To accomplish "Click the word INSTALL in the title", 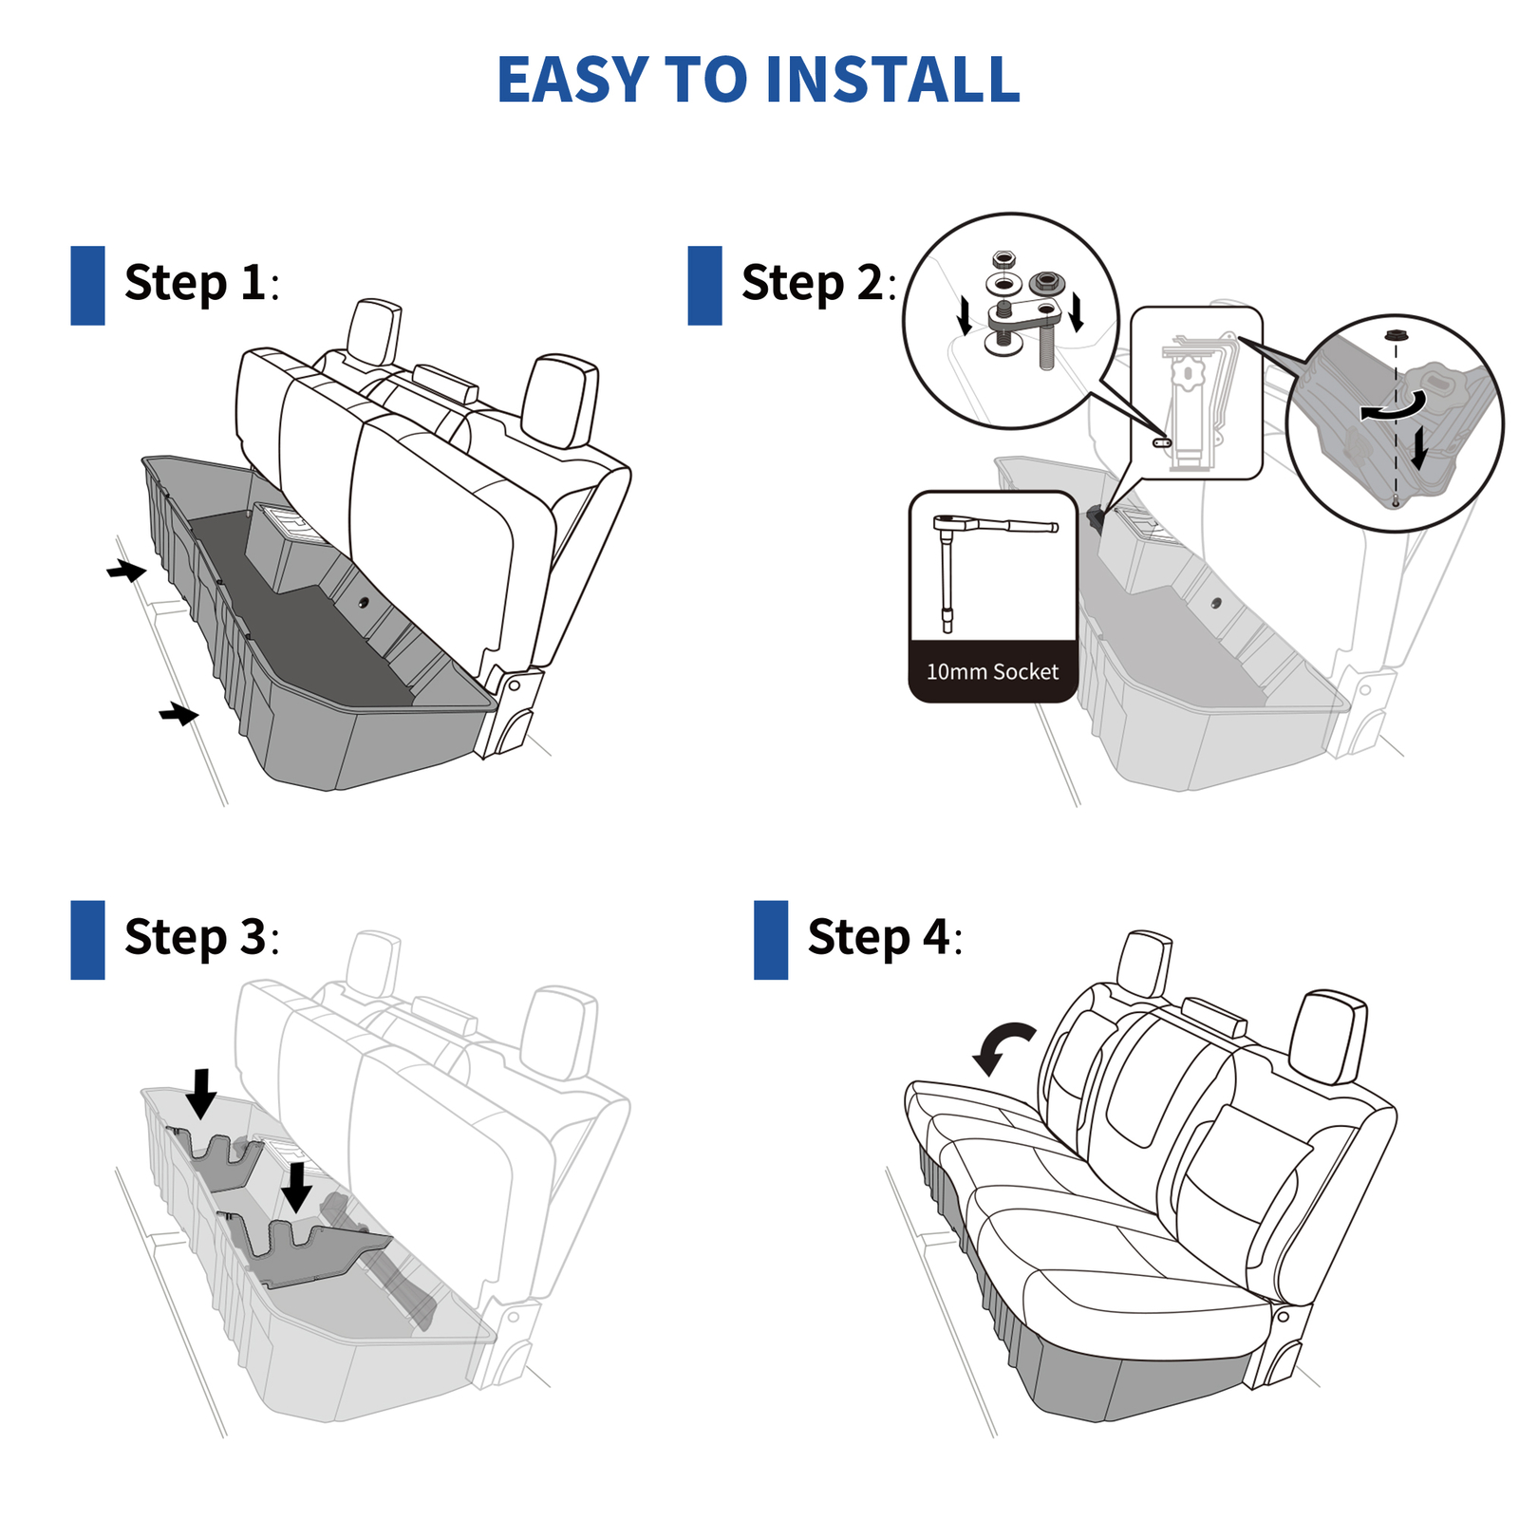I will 891,80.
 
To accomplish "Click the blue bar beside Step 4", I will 771,940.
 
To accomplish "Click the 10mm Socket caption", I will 992,672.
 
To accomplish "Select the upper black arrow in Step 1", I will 126,571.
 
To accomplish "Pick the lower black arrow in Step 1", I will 178,713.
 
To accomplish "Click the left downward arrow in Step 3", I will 201,1093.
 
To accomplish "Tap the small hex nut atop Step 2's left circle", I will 1003,258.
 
